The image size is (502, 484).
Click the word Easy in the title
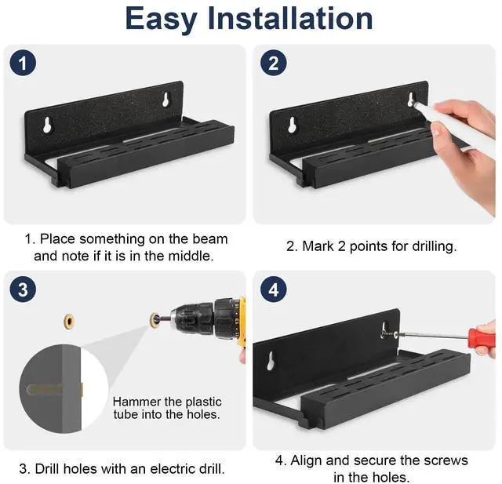tap(161, 19)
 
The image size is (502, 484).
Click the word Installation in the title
tap(290, 18)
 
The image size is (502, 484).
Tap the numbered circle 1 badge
tap(23, 63)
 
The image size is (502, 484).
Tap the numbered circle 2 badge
tap(273, 63)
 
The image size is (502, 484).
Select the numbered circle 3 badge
tap(23, 289)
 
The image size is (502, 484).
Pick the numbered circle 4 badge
tap(273, 289)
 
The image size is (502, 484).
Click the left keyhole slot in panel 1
tap(48, 125)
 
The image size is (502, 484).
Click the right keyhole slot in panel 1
tap(166, 100)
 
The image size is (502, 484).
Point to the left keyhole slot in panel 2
tap(292, 125)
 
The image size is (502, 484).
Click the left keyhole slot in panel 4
tap(271, 361)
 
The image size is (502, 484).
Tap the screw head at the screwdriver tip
tap(396, 335)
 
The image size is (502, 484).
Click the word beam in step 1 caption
tap(210, 238)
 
